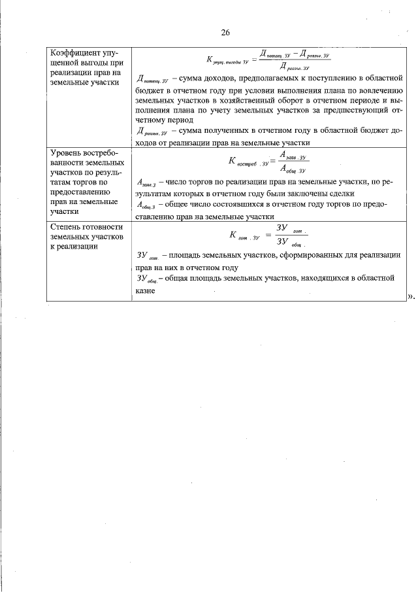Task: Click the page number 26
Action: point(225,33)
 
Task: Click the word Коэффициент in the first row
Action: point(76,52)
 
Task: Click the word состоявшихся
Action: point(242,204)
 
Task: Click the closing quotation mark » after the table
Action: point(411,296)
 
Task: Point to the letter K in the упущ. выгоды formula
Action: point(209,60)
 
